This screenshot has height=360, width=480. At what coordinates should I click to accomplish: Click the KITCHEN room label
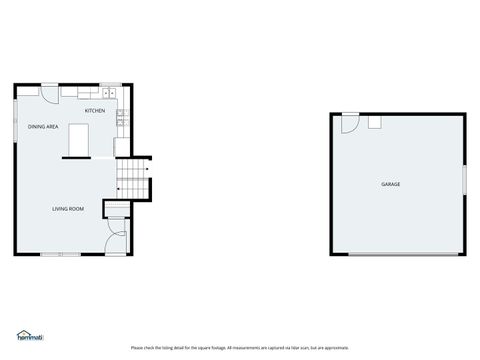click(95, 111)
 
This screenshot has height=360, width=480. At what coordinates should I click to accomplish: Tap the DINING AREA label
click(43, 127)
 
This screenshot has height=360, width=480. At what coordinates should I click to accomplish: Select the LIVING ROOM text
click(68, 209)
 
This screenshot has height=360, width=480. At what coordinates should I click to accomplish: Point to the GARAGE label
click(390, 185)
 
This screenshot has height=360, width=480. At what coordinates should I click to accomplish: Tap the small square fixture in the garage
click(375, 122)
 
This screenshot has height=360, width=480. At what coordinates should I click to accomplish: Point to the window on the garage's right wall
click(464, 177)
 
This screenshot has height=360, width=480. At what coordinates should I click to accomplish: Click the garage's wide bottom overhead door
click(405, 254)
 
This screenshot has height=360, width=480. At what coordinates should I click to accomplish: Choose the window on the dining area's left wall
click(16, 125)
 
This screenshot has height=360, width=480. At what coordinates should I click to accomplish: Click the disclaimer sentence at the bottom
click(239, 347)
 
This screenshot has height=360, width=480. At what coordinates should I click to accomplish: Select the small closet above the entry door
click(117, 209)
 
